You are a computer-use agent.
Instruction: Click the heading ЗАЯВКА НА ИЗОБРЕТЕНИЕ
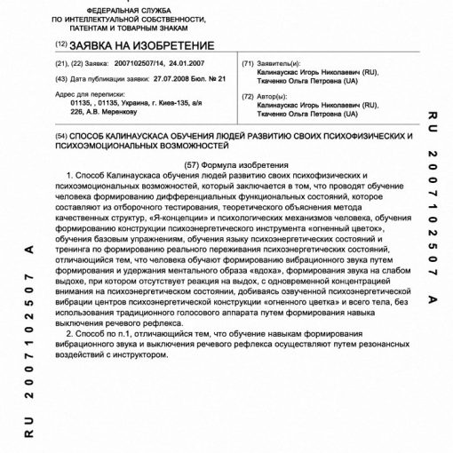click(141, 44)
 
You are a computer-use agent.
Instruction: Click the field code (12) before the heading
click(60, 44)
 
